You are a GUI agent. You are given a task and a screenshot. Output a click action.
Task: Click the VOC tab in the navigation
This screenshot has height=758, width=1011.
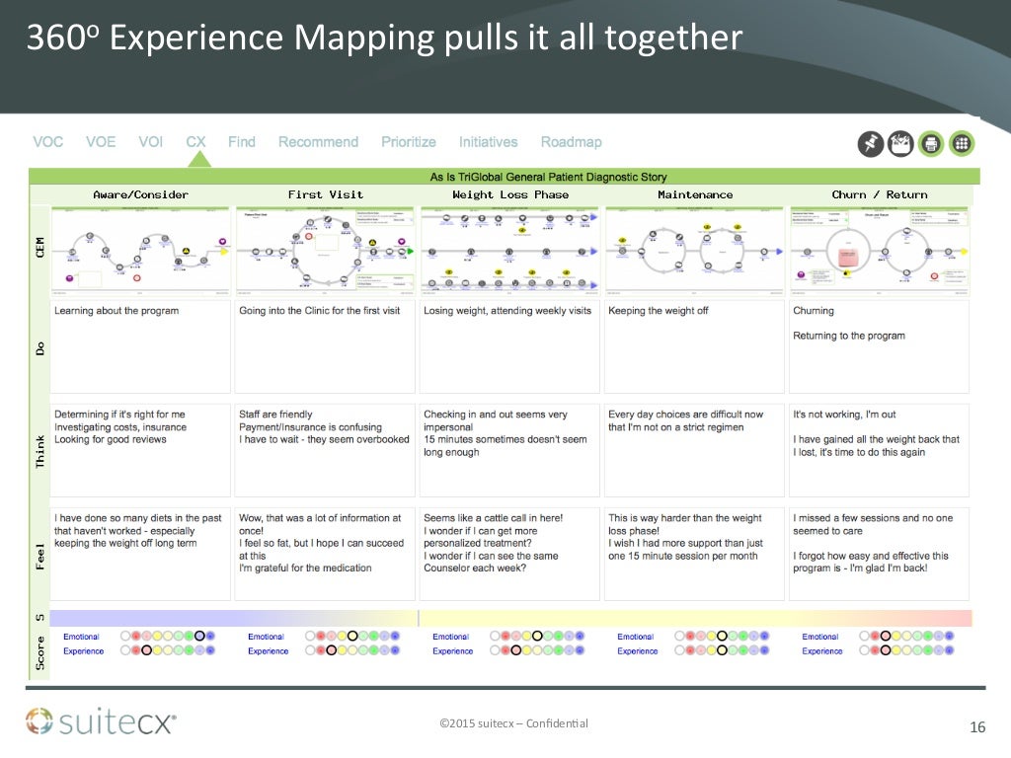48,142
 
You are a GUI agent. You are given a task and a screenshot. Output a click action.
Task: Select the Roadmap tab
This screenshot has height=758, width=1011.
571,142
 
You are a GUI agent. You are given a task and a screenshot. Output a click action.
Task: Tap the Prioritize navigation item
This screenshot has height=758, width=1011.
409,142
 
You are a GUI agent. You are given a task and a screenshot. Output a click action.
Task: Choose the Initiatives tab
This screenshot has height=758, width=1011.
488,142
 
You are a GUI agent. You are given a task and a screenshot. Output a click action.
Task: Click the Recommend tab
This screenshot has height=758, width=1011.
318,142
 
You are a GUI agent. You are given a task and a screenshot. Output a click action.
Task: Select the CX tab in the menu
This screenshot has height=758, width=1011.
195,142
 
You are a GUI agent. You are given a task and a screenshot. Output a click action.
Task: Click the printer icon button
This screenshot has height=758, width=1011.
930,144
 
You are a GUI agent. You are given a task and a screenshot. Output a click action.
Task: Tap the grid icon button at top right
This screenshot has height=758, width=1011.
962,144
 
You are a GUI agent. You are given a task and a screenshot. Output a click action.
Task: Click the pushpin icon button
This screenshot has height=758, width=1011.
870,144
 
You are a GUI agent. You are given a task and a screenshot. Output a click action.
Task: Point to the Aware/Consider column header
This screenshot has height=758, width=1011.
140,194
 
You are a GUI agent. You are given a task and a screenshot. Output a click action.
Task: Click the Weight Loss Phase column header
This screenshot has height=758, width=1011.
510,194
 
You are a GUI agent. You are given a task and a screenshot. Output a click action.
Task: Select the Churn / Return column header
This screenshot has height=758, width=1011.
879,194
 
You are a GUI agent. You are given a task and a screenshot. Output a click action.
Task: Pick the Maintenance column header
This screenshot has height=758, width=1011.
695,194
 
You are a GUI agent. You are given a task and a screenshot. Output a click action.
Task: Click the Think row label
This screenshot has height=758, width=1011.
40,450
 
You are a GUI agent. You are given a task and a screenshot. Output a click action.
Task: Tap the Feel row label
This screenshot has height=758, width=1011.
40,554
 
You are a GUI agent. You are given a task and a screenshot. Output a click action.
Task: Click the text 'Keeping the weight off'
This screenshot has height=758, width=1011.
658,311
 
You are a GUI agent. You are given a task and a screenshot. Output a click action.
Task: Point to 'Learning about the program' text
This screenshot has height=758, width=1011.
117,311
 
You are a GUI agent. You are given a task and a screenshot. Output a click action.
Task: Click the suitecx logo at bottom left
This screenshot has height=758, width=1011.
101,722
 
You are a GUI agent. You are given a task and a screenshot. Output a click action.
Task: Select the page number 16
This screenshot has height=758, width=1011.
977,728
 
